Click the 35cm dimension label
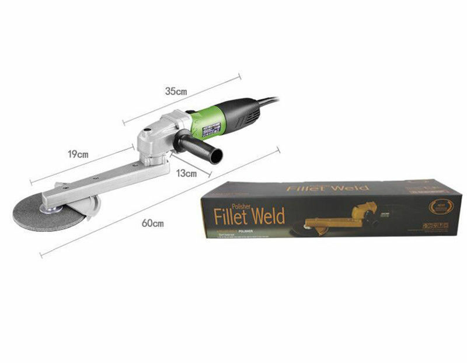175,92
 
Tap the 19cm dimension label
78,155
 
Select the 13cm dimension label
186,173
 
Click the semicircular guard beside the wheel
89,207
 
